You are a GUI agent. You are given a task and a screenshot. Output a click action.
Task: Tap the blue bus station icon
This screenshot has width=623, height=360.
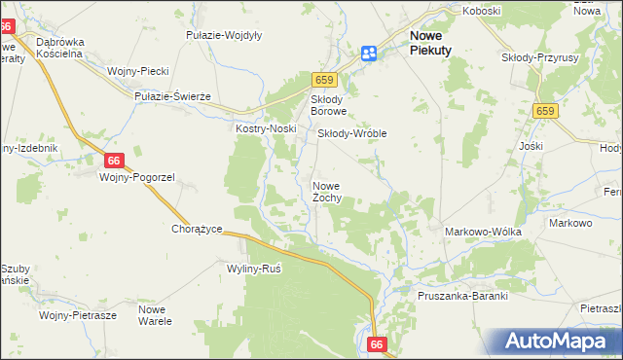(370, 54)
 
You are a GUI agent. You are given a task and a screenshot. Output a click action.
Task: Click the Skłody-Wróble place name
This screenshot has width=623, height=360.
(353, 133)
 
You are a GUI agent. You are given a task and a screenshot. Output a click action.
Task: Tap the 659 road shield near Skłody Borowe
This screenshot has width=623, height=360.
(324, 80)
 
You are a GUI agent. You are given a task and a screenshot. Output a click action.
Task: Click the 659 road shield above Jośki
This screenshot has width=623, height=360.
(545, 113)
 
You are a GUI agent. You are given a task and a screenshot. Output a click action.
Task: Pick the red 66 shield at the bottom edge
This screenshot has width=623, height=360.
(379, 344)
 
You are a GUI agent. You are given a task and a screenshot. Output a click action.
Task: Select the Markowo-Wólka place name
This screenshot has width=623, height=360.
(483, 232)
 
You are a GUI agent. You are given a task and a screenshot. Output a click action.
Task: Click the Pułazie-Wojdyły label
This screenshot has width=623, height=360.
(223, 35)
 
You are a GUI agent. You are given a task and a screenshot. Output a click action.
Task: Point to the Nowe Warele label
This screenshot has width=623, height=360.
(155, 314)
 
